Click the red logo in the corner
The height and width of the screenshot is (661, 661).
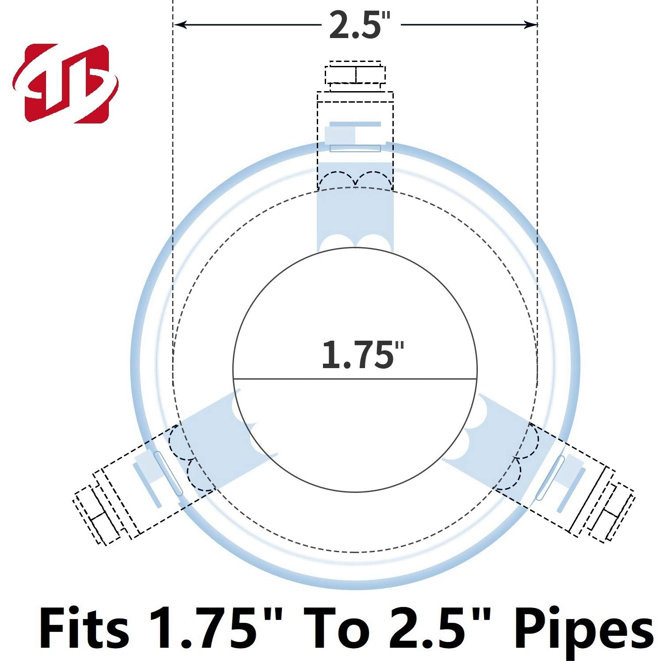[65, 84]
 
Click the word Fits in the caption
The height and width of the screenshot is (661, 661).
[84, 628]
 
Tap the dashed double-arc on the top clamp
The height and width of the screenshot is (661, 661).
[355, 179]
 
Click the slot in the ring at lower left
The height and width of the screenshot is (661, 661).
[168, 473]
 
